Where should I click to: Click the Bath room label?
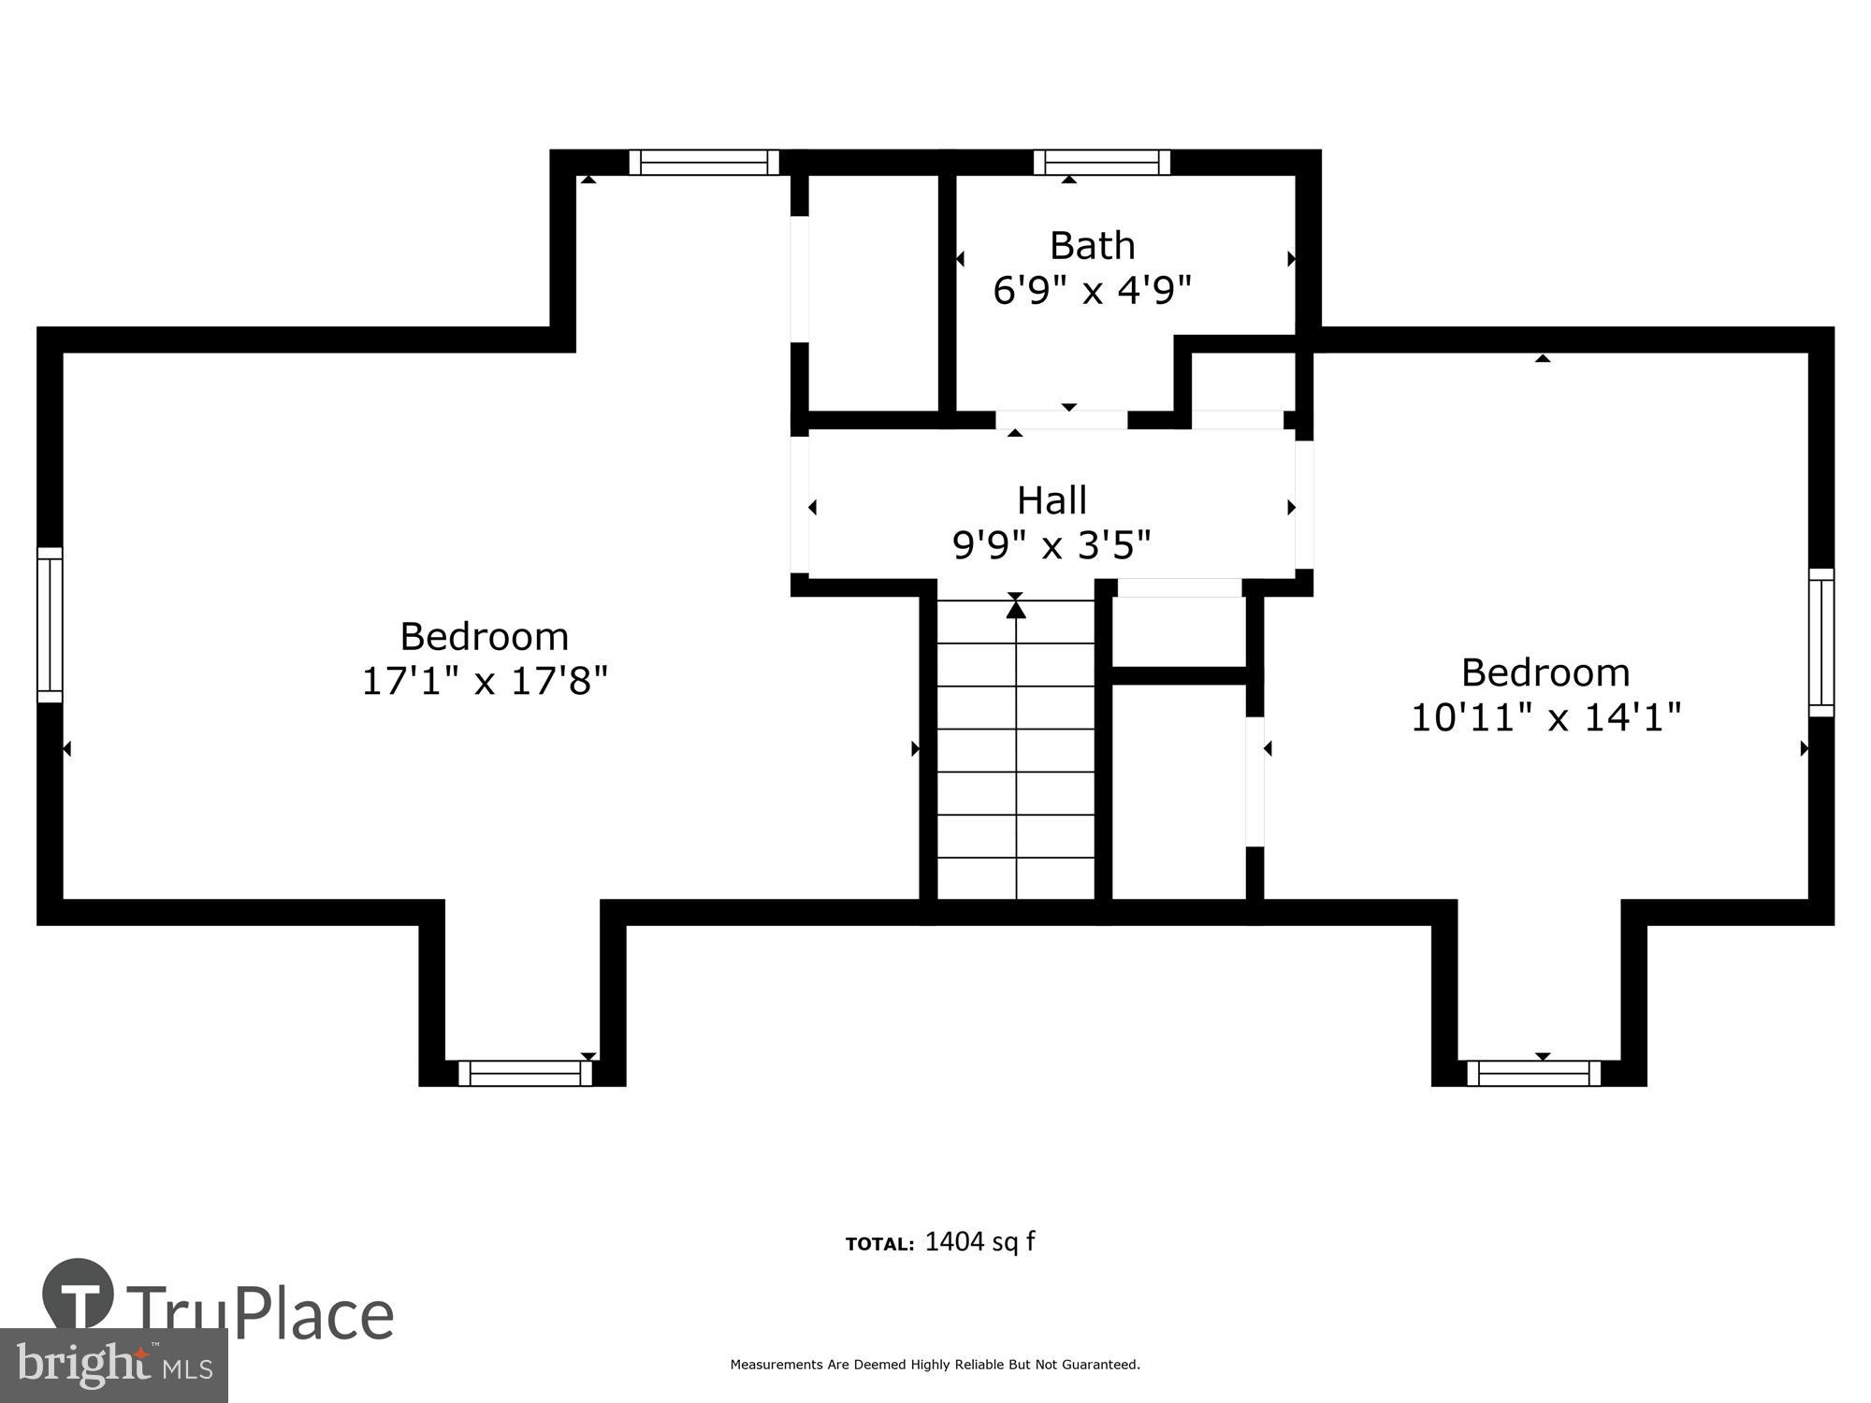(1092, 246)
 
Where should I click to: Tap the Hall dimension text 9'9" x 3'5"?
(1052, 544)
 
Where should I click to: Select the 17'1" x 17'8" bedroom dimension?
(485, 681)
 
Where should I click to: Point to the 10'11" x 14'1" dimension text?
(1545, 717)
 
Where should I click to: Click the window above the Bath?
(1101, 163)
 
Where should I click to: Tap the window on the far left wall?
(50, 625)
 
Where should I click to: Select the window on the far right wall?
(1820, 643)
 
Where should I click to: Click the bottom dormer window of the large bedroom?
(525, 1073)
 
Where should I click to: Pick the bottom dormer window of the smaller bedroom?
(1533, 1073)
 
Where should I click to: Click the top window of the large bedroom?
(703, 163)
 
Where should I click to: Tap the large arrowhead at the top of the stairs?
(1016, 609)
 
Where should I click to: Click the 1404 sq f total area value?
(979, 1242)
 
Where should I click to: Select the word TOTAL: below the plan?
(879, 1244)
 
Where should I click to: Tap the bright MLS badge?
(113, 1367)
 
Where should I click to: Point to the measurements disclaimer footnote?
(935, 1365)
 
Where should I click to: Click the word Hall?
(1052, 500)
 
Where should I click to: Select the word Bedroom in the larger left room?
(485, 637)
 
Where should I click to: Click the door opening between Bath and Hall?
(1061, 420)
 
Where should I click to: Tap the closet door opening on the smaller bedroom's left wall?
(1255, 782)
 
